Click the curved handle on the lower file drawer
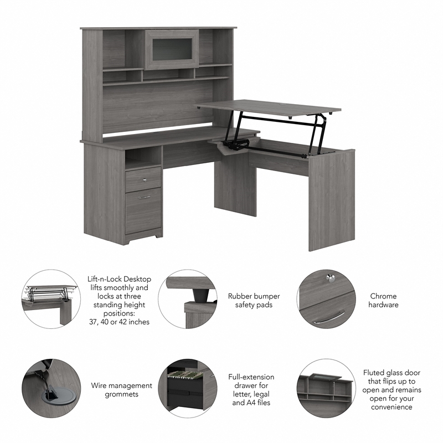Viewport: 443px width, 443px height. [144, 197]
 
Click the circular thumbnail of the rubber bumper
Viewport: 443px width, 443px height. [187, 299]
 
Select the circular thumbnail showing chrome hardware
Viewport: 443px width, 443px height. [326, 299]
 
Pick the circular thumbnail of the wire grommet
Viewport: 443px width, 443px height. [51, 388]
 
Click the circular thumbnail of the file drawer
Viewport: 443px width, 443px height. [187, 388]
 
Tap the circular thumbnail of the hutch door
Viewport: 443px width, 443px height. [326, 388]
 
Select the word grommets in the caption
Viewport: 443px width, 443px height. [122, 394]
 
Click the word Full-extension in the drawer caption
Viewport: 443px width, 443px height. [251, 377]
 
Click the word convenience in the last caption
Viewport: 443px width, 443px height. [392, 407]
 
